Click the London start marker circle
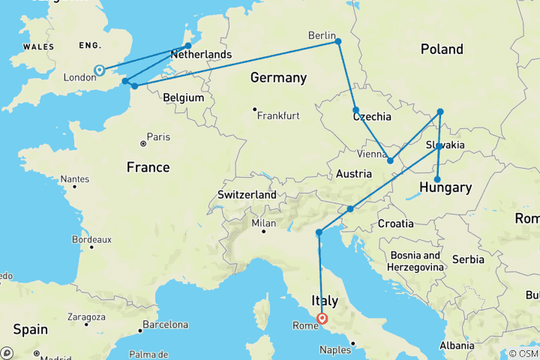click(x=99, y=71)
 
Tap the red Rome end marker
click(x=322, y=318)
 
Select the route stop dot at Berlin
click(x=338, y=41)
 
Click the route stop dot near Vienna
click(x=390, y=160)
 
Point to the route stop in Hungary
click(x=437, y=179)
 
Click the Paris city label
click(x=158, y=137)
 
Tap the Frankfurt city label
click(x=278, y=116)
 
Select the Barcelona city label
click(x=166, y=325)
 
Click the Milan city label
click(x=264, y=223)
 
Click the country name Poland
click(x=442, y=49)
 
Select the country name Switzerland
click(x=247, y=195)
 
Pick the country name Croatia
click(x=395, y=223)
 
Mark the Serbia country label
click(x=468, y=259)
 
